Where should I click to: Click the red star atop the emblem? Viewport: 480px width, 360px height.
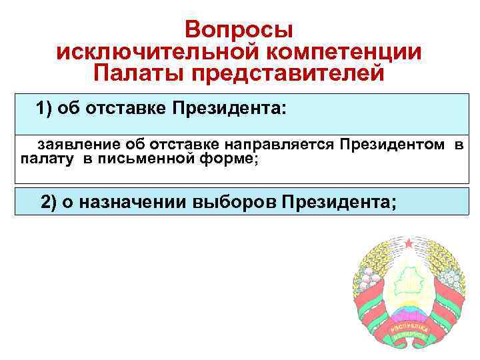click(x=405, y=241)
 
